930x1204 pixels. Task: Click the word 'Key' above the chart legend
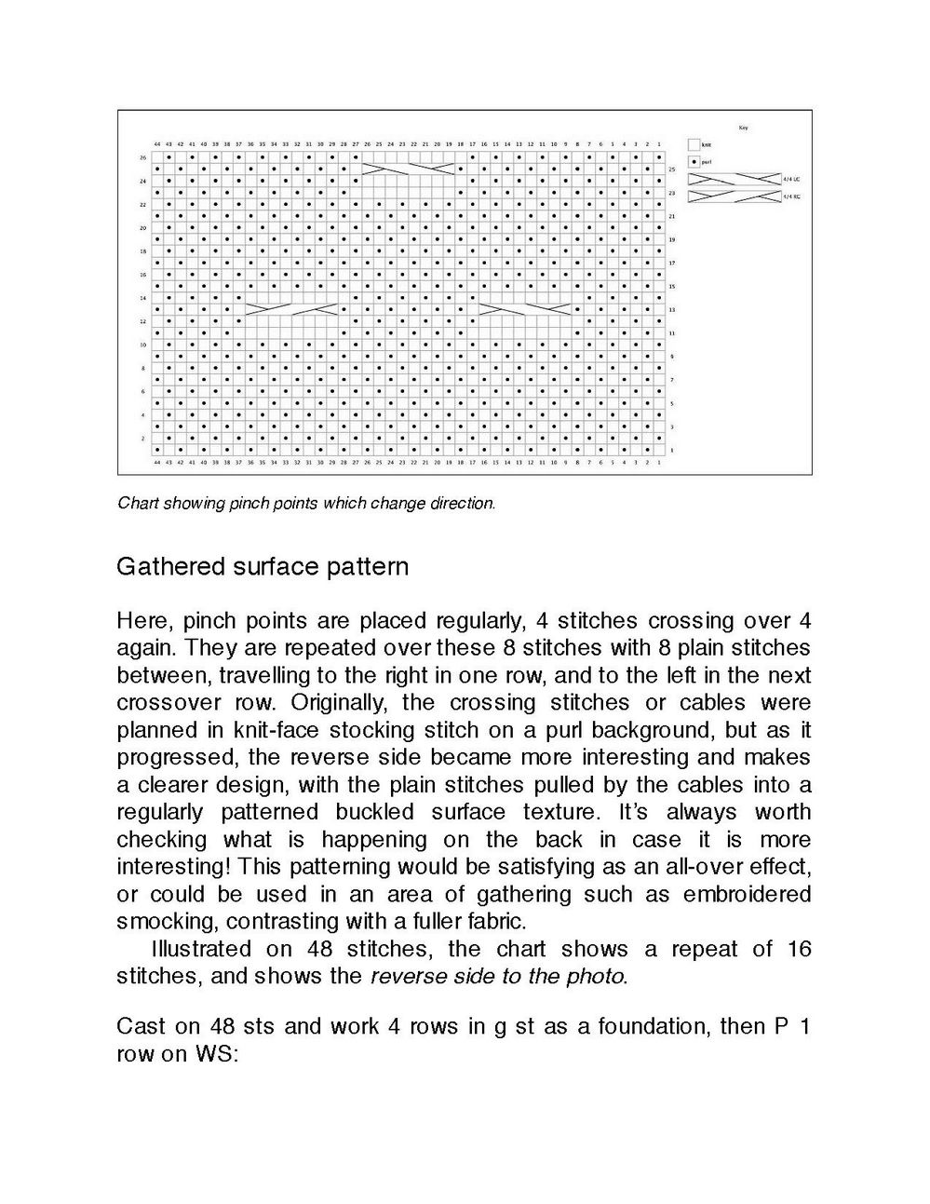(742, 128)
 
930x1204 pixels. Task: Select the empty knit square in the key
(694, 145)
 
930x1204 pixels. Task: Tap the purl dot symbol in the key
(694, 161)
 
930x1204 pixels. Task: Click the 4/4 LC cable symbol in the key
(734, 178)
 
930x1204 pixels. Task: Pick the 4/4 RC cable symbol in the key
(734, 196)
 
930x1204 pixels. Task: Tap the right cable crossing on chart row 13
(525, 308)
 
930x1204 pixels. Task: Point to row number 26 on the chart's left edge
(143, 157)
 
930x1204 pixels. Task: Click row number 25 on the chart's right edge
(672, 169)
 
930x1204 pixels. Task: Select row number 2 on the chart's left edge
(143, 438)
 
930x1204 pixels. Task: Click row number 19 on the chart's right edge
(672, 239)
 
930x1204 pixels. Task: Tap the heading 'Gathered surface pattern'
(263, 566)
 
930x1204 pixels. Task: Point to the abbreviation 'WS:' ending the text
(219, 1054)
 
